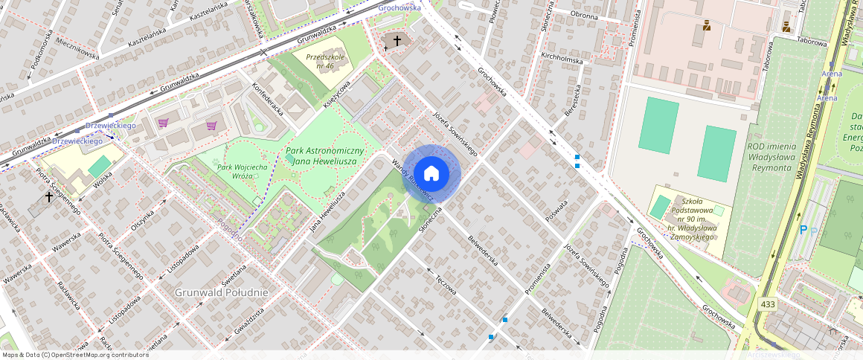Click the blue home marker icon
[x=431, y=173]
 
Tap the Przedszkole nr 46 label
[x=319, y=60]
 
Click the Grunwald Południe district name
[x=221, y=292]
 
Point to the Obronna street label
[x=584, y=15]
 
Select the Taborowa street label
[x=811, y=42]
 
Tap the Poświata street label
[x=557, y=205]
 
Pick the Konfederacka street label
[x=269, y=100]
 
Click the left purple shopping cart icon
[x=163, y=123]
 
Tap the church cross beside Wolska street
[x=49, y=197]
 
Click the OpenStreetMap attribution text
[x=74, y=355]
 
